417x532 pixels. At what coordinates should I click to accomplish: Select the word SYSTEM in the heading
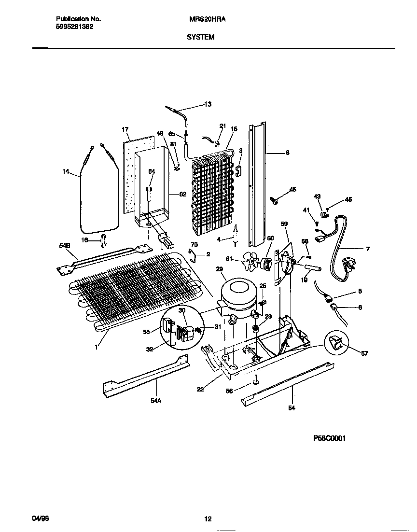click(200, 37)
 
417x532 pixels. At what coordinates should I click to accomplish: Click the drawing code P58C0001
click(329, 438)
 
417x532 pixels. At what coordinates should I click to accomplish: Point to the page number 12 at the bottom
click(208, 519)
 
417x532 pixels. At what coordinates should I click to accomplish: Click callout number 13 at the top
click(208, 104)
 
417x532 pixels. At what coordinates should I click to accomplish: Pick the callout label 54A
click(155, 414)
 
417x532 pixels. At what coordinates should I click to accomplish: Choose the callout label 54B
click(65, 246)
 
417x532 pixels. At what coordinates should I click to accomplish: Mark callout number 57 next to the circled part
click(364, 353)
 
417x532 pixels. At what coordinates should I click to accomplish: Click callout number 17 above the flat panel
click(125, 129)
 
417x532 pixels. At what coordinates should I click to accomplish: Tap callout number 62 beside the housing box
click(182, 195)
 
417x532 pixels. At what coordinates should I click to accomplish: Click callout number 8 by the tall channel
click(287, 153)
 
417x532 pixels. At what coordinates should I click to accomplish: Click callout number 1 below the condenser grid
click(96, 346)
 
